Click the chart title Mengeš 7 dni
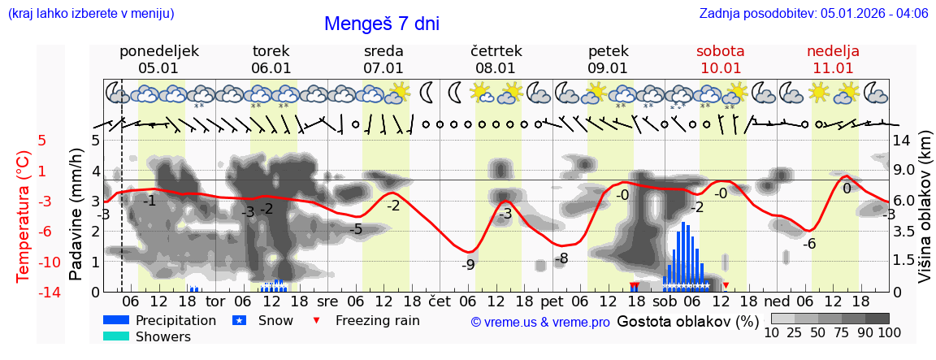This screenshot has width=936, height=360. click(x=381, y=24)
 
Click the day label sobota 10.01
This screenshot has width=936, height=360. click(x=720, y=59)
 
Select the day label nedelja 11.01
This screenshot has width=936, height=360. click(x=833, y=59)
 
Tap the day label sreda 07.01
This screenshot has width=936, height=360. click(x=383, y=59)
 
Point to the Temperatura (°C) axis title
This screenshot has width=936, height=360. click(x=24, y=216)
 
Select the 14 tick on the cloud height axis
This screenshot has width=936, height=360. click(x=901, y=140)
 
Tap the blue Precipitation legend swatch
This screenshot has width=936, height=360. click(x=116, y=320)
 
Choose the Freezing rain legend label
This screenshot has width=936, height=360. click(x=377, y=320)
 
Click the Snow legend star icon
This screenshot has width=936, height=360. click(x=239, y=320)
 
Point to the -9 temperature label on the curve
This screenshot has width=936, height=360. click(x=468, y=264)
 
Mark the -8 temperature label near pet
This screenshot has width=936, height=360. click(x=561, y=258)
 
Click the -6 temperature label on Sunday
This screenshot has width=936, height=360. click(x=809, y=244)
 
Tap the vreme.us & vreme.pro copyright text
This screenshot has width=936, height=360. click(x=540, y=322)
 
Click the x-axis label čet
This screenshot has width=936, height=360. click(x=440, y=300)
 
